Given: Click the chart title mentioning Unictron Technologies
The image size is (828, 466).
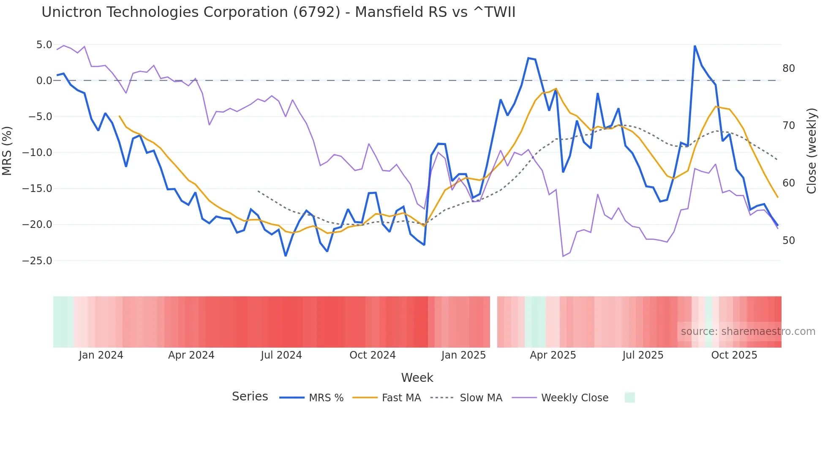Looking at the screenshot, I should click(x=278, y=12).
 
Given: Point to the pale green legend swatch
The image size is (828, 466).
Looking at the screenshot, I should click(x=629, y=397).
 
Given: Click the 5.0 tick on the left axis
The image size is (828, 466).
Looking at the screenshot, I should click(x=44, y=45).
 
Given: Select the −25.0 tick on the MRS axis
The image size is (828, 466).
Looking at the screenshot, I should click(x=37, y=261).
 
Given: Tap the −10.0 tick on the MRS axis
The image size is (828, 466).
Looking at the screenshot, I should click(x=37, y=153).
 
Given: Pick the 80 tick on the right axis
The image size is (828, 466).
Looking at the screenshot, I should click(x=788, y=69).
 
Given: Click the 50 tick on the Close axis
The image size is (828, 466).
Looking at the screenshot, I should click(x=788, y=241).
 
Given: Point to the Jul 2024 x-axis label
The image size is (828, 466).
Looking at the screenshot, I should click(x=281, y=355).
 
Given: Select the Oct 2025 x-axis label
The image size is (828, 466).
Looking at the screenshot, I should click(x=734, y=355).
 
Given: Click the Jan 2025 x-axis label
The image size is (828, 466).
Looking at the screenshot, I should click(x=463, y=355).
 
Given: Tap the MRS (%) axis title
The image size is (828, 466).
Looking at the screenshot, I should click(x=7, y=151).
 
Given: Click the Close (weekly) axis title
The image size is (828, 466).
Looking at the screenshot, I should click(x=811, y=151).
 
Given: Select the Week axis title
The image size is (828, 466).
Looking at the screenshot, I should click(x=417, y=378).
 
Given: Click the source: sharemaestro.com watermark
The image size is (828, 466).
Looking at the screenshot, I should click(x=748, y=332).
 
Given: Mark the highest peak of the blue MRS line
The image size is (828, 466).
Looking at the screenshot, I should click(x=695, y=46).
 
